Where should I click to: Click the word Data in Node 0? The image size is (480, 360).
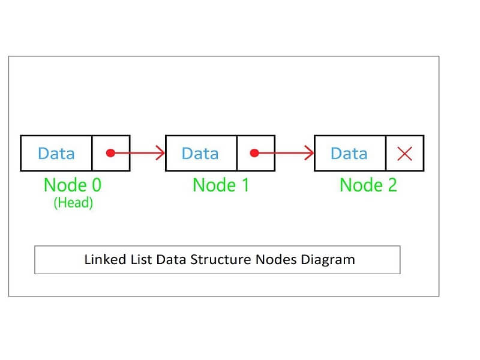click(56, 154)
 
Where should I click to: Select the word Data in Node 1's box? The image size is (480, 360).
click(200, 154)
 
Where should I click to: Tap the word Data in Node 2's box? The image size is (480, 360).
click(349, 154)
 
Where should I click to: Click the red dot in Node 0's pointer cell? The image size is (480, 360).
click(110, 154)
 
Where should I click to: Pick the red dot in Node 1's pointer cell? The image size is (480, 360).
click(254, 154)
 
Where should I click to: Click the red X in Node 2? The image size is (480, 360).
click(405, 154)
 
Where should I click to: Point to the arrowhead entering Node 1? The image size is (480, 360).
click(160, 154)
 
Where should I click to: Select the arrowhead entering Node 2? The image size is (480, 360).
click(309, 154)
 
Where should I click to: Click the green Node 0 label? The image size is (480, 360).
click(73, 185)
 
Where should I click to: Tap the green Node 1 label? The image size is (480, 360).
click(221, 185)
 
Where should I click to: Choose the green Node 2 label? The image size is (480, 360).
click(368, 185)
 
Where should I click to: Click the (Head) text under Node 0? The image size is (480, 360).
click(73, 203)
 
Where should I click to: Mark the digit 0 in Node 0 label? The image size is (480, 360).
click(95, 185)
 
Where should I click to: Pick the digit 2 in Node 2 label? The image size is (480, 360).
click(391, 185)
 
